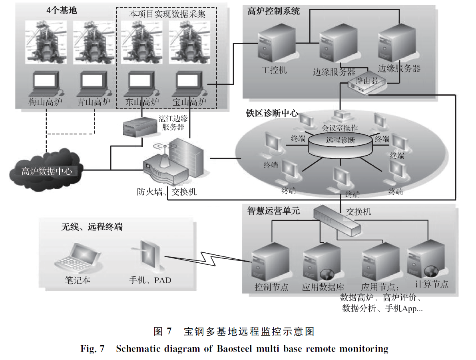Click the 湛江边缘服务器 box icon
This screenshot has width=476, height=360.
136,128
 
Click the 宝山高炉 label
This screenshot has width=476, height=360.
189,102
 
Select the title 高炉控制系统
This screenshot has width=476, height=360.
273,11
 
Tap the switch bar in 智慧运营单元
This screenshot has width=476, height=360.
337,219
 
